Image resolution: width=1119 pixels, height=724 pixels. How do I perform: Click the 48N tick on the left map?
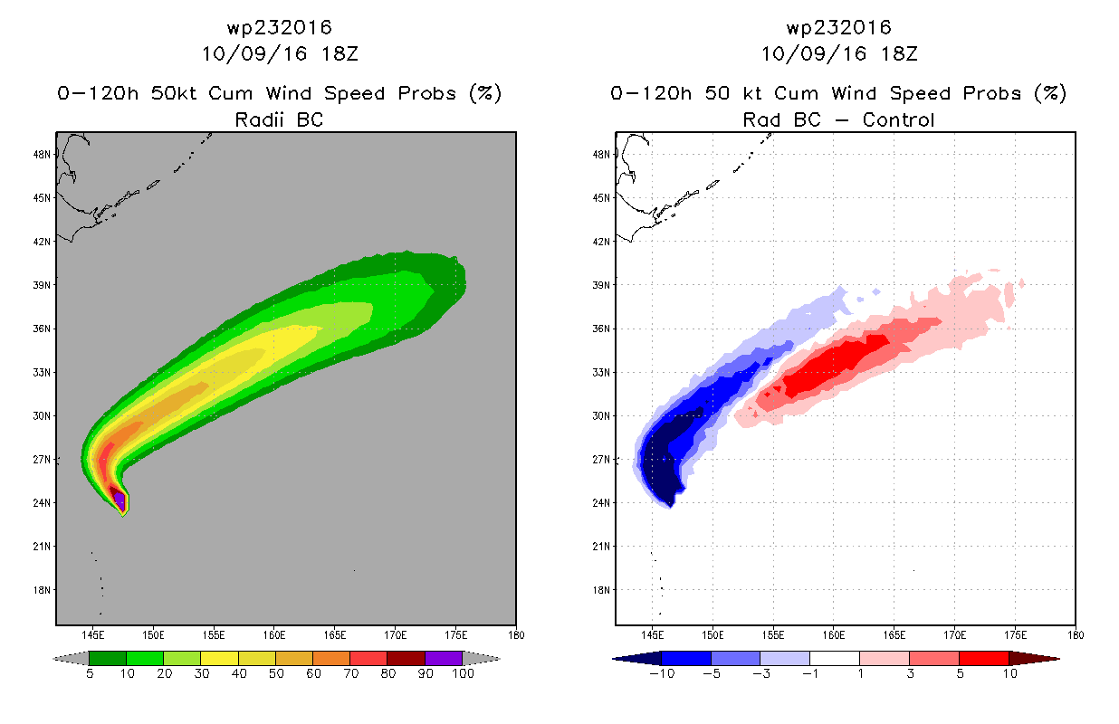tap(42, 154)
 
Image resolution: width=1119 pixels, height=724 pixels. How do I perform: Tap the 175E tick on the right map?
tap(1015, 635)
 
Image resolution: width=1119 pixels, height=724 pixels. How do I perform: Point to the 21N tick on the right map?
tap(601, 547)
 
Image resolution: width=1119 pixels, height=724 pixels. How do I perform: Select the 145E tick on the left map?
tap(92, 635)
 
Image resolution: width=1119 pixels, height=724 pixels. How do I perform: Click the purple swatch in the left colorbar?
tap(444, 658)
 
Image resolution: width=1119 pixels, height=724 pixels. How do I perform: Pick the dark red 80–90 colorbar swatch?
tap(406, 658)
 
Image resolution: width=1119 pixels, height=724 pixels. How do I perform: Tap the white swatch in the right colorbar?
tap(834, 658)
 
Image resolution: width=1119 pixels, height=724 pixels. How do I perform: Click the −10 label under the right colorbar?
tap(662, 674)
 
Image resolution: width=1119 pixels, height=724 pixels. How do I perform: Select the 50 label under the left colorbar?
tap(276, 674)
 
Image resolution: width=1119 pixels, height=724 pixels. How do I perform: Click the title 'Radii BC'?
tap(279, 119)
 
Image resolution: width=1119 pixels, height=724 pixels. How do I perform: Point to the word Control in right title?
tap(898, 119)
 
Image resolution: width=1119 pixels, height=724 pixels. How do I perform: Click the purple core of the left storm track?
tap(120, 500)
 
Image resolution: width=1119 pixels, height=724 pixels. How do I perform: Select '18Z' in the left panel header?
tap(340, 53)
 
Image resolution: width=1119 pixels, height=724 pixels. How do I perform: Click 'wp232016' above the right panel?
tap(838, 27)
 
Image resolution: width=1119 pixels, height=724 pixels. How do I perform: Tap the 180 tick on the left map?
tap(517, 635)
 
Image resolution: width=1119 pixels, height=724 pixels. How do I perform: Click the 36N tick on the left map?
tap(42, 329)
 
